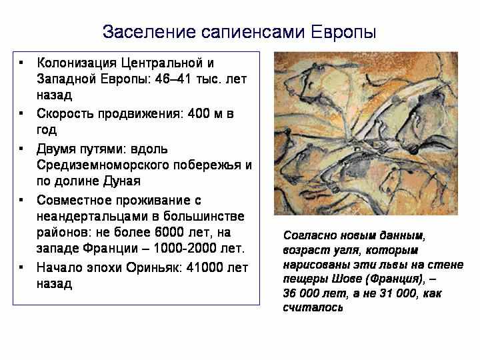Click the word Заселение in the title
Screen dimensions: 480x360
pyautogui.click(x=149, y=32)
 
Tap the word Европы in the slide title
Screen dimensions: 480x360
pyautogui.click(x=343, y=33)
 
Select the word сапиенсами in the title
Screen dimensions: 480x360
pyautogui.click(x=253, y=33)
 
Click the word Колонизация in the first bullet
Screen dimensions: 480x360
pyautogui.click(x=77, y=63)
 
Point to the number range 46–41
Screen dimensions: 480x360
pyautogui.click(x=173, y=79)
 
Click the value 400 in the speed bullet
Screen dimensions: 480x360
pyautogui.click(x=199, y=113)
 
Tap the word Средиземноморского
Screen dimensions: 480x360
pyautogui.click(x=103, y=165)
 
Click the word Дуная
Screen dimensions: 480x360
pyautogui.click(x=121, y=181)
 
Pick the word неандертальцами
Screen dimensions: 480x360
pyautogui.click(x=93, y=217)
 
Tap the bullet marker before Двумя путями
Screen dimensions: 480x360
pyautogui.click(x=21, y=149)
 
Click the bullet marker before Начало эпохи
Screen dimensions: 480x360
pyautogui.click(x=21, y=267)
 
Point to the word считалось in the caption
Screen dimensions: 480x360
pyautogui.click(x=313, y=307)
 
